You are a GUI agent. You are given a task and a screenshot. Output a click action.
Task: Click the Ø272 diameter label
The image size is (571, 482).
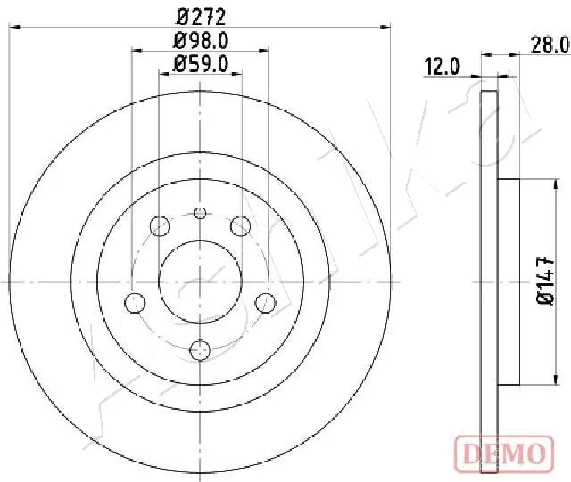(200, 15)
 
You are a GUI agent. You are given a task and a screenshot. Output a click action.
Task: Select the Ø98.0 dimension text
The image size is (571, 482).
(200, 40)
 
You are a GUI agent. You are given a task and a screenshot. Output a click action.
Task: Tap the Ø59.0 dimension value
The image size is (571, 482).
(200, 63)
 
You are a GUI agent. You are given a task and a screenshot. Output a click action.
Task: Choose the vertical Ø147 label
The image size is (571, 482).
(549, 282)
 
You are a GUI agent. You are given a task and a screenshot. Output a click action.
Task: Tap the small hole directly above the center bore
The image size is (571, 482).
(200, 212)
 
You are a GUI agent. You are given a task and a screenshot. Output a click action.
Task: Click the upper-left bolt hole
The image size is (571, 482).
(160, 225)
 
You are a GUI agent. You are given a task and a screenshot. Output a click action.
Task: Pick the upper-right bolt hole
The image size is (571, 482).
(240, 225)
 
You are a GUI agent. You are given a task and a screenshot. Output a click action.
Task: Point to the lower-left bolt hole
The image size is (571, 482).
(135, 301)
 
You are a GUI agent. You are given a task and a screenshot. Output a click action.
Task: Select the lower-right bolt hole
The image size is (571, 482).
(265, 301)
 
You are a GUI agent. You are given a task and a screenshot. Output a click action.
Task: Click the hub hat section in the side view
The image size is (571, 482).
(507, 282)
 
